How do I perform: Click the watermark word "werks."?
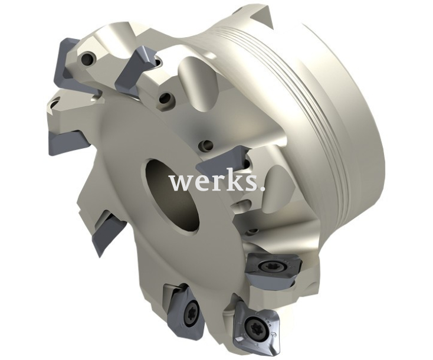pos(217,182)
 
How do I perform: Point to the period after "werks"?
pos(263,189)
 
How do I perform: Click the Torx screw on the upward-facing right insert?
pos(266,266)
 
